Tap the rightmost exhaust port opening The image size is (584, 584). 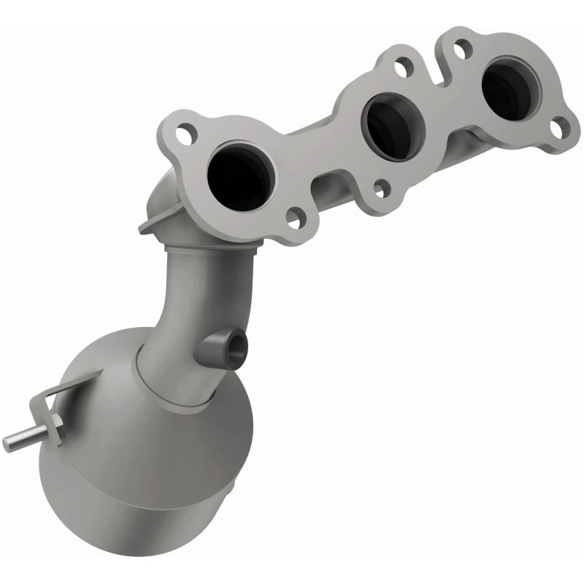click(511, 89)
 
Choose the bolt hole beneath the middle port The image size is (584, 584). click(380, 188)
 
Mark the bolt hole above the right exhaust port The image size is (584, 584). click(460, 49)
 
